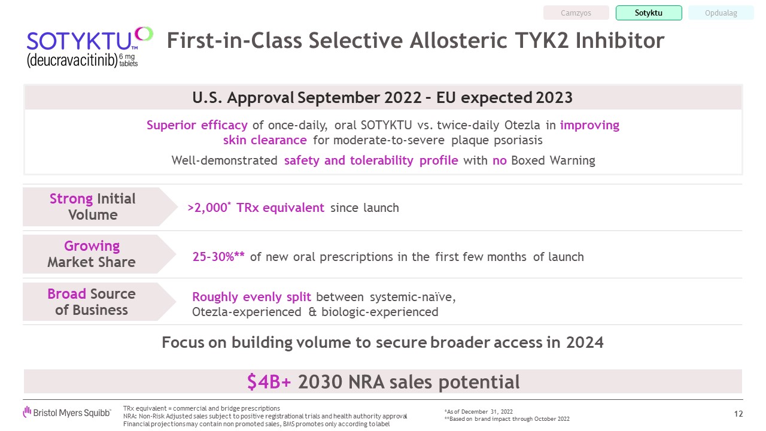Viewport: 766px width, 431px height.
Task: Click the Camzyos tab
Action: [576, 13]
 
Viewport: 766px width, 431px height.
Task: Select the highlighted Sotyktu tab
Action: [649, 13]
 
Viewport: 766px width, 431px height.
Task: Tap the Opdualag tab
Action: [721, 13]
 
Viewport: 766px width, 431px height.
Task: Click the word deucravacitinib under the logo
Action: [72, 60]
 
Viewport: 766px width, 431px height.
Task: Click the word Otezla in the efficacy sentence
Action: [522, 125]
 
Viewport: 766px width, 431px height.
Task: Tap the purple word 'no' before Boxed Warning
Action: [499, 160]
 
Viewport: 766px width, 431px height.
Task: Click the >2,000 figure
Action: [207, 208]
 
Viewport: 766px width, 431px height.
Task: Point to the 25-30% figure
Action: [218, 257]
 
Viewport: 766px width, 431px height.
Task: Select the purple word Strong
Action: [71, 198]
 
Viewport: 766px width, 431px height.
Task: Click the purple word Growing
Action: [92, 246]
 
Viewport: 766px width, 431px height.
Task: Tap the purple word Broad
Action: [66, 293]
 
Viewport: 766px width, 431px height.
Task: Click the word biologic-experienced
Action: [379, 312]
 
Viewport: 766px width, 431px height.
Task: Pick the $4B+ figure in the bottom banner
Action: [269, 381]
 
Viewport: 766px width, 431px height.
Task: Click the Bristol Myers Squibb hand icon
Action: [27, 412]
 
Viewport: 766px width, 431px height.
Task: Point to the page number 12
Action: [738, 414]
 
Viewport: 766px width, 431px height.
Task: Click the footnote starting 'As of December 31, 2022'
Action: [478, 411]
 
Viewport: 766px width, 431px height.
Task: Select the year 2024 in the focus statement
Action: [585, 342]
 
